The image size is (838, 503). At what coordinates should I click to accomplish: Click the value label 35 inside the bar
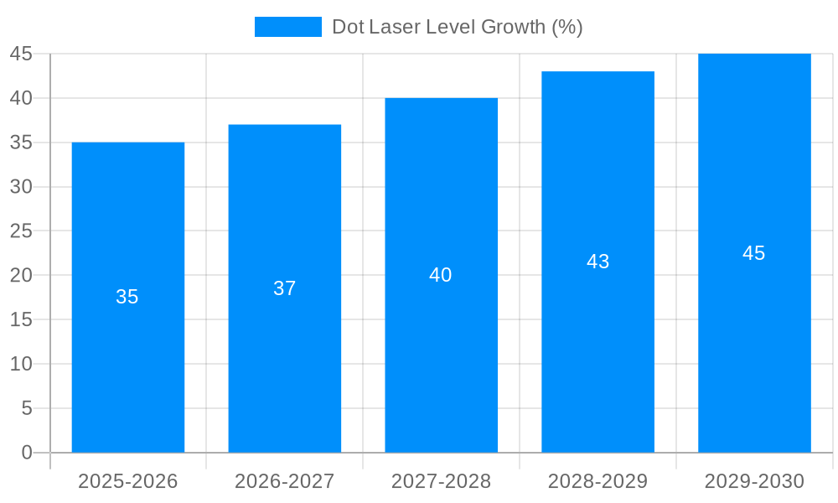(127, 297)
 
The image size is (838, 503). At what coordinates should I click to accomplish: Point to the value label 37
(285, 288)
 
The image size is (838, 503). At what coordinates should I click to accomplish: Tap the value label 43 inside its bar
(597, 262)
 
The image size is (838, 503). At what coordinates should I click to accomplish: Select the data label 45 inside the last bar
(754, 253)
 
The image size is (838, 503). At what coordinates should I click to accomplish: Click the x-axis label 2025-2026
(128, 481)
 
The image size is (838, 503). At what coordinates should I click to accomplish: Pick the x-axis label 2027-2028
(441, 481)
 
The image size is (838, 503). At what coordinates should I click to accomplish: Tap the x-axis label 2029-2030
(754, 481)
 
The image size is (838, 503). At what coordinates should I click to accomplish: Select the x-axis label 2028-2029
(597, 481)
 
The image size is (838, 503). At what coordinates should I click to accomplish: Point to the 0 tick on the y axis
(27, 453)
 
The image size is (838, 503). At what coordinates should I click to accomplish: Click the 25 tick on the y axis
(21, 231)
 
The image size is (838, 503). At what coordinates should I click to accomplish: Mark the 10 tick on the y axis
(21, 364)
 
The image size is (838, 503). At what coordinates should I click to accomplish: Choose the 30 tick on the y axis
(21, 187)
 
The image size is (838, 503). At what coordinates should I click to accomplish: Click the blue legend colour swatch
(287, 27)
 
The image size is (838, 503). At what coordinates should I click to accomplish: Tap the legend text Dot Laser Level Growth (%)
(457, 27)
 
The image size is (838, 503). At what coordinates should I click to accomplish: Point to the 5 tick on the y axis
(27, 408)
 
